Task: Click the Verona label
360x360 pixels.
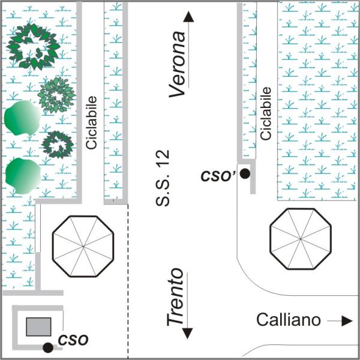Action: click(177, 64)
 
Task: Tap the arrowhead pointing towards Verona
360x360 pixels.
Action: click(188, 17)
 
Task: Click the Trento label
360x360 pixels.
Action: click(175, 297)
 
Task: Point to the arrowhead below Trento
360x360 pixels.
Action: click(187, 334)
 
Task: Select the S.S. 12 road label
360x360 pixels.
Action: click(163, 178)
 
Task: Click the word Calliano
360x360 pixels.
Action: click(289, 320)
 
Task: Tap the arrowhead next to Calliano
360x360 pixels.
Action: click(347, 321)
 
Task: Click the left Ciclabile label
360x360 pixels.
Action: click(91, 122)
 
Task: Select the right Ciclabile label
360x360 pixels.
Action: click(266, 113)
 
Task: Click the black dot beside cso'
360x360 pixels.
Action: click(245, 173)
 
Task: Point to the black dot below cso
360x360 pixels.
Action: click(48, 347)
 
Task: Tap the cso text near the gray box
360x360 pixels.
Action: click(73, 340)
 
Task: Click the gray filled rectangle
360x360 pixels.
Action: click(38, 327)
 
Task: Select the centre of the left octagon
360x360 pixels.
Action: click(83, 247)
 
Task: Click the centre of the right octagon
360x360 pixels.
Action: click(301, 239)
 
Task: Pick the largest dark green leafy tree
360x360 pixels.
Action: click(33, 46)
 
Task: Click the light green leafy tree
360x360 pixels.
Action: click(56, 95)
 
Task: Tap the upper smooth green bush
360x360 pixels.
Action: click(22, 118)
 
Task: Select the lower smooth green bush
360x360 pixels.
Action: click(23, 176)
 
